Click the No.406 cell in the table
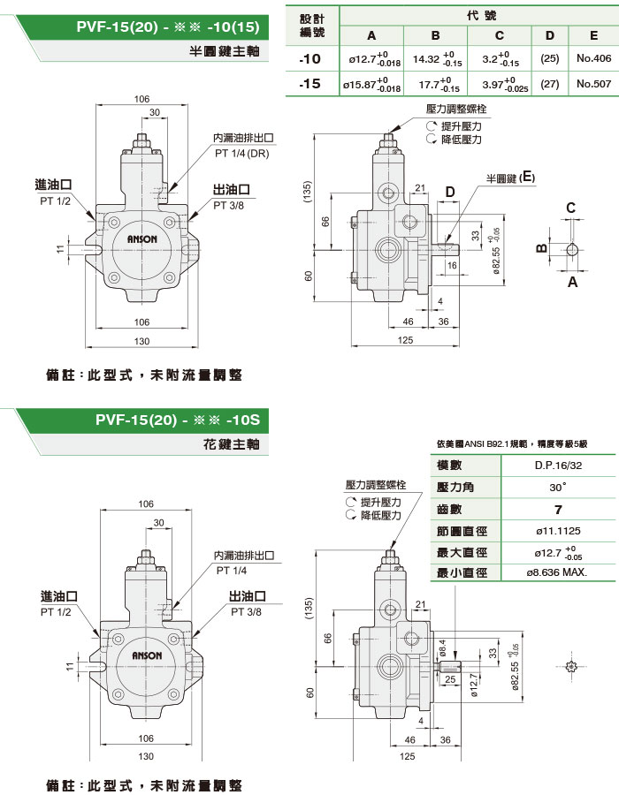point(592,59)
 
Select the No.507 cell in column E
point(592,84)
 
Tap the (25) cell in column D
point(550,59)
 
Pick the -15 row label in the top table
point(311,84)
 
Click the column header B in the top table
point(436,35)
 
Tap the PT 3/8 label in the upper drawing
point(228,205)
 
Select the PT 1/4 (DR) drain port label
point(241,153)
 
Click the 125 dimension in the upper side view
point(406,340)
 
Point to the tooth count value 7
point(557,509)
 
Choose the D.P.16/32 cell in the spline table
point(557,465)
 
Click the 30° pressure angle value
point(557,487)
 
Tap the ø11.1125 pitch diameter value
point(557,531)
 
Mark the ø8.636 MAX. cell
point(557,572)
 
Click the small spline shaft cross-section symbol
point(571,665)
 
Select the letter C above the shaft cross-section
point(571,208)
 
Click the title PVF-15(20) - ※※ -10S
point(183,420)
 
